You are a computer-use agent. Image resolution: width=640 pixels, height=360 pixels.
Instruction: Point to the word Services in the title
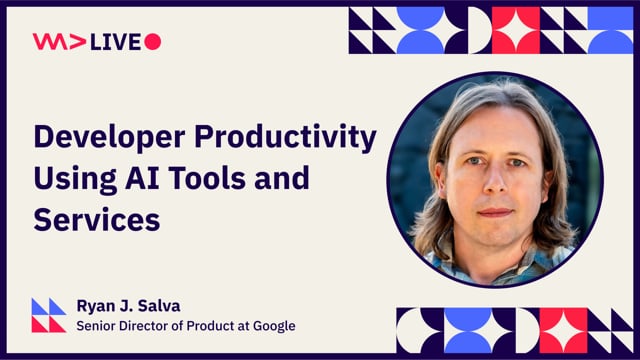coord(97,219)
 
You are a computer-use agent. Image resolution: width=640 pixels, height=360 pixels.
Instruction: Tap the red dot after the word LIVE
coord(152,41)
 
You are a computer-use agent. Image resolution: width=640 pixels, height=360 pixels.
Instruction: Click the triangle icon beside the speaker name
coord(48,315)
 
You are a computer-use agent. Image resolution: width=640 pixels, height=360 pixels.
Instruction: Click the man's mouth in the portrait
coord(494,212)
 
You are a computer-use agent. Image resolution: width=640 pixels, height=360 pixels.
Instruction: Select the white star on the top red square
coord(516,29)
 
